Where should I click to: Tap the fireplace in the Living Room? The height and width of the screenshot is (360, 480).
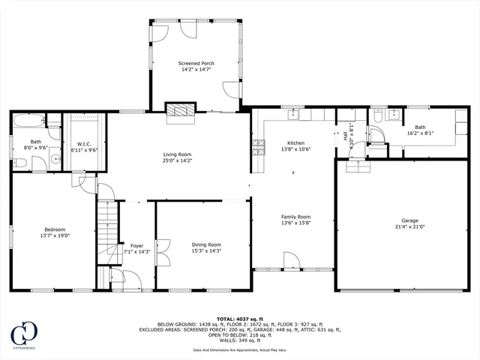pos(179,110)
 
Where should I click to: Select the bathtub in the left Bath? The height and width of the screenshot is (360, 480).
pos(28,121)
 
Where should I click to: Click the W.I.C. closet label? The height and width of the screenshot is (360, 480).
pos(83,144)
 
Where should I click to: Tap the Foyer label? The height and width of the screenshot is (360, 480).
pos(136,244)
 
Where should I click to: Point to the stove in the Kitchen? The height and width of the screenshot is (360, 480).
pos(259,148)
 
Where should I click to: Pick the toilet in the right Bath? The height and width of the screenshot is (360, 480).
pos(379,134)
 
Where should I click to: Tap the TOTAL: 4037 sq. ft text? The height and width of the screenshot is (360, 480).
pos(239,319)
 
